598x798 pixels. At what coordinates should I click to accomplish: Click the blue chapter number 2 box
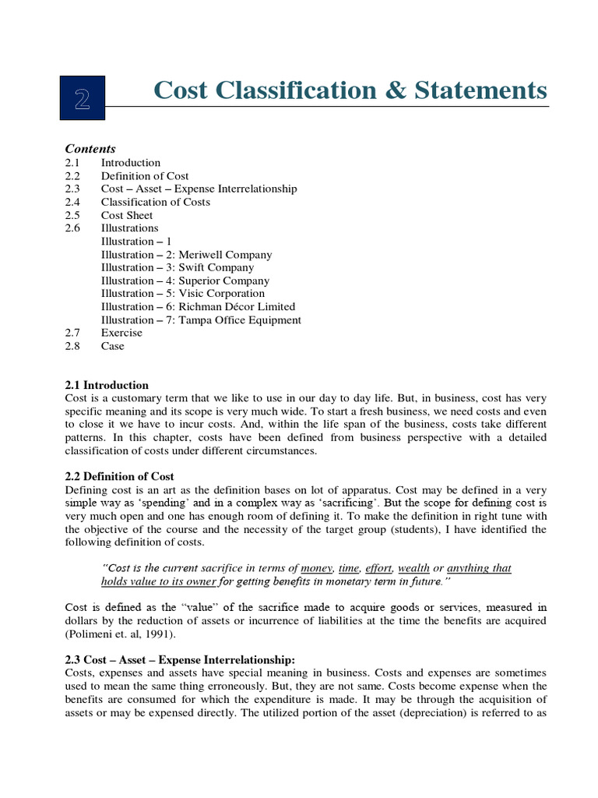click(x=82, y=97)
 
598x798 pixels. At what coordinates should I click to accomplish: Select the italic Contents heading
click(x=90, y=149)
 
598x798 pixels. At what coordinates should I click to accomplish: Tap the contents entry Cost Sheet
click(x=127, y=215)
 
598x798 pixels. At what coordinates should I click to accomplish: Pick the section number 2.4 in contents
click(x=72, y=202)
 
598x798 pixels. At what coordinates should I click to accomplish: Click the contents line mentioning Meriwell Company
click(x=187, y=255)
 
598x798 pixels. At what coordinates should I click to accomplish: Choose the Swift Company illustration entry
click(x=178, y=267)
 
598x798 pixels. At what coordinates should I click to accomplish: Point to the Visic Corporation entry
click(x=183, y=294)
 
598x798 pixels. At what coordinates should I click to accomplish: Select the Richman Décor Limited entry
click(x=199, y=307)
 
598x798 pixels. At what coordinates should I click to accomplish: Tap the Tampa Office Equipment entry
click(x=201, y=320)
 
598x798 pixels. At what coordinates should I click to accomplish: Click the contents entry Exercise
click(x=121, y=333)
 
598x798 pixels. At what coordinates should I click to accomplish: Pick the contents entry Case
click(x=112, y=346)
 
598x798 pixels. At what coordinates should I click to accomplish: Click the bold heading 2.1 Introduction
click(x=107, y=385)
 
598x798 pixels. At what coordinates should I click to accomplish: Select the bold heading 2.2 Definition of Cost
click(x=119, y=476)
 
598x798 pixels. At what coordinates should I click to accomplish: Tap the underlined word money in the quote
click(x=316, y=568)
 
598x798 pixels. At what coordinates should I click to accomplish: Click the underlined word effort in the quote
click(x=378, y=568)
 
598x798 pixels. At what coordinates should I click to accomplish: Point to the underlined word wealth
click(x=413, y=568)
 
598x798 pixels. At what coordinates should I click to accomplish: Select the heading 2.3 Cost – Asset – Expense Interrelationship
click(x=178, y=659)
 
